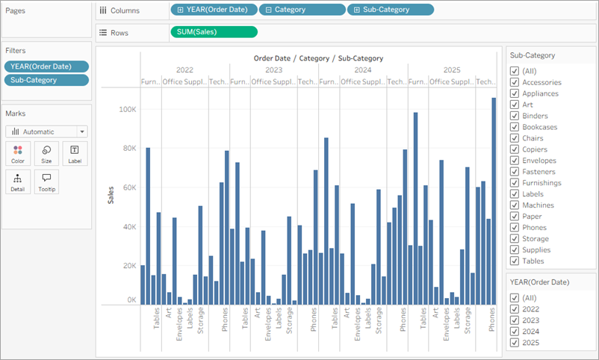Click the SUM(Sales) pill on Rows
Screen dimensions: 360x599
pyautogui.click(x=214, y=32)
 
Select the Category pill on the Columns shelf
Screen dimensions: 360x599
pyautogui.click(x=302, y=10)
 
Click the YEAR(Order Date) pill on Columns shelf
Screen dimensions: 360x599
pyautogui.click(x=214, y=10)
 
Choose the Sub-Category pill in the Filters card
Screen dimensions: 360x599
pyautogui.click(x=46, y=80)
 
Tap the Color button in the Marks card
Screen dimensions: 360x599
pyautogui.click(x=18, y=153)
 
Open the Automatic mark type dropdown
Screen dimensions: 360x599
pyautogui.click(x=46, y=131)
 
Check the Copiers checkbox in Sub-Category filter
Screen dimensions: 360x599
pyautogui.click(x=515, y=149)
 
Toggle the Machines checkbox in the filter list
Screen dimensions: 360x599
pyautogui.click(x=515, y=205)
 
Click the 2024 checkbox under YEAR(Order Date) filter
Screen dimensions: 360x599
pyautogui.click(x=515, y=332)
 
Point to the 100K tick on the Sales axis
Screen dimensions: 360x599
pyautogui.click(x=127, y=109)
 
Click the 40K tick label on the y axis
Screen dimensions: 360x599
pyautogui.click(x=128, y=226)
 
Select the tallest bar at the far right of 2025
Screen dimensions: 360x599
pyautogui.click(x=493, y=201)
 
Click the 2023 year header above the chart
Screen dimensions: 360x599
pyautogui.click(x=274, y=69)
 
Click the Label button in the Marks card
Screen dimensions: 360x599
pyautogui.click(x=75, y=153)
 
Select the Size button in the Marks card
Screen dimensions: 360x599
pyautogui.click(x=46, y=153)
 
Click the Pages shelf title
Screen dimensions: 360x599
pyautogui.click(x=16, y=10)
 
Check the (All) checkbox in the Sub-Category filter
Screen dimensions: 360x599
pyautogui.click(x=515, y=71)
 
